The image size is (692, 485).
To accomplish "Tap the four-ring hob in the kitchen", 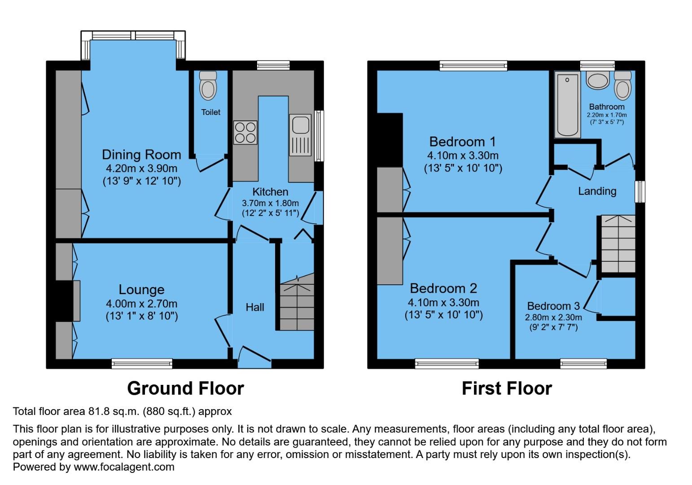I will (x=245, y=132).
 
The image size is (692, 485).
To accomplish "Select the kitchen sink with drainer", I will (x=300, y=135).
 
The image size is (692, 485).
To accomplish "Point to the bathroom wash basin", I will (x=597, y=81).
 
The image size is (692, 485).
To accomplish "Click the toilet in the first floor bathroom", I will (x=622, y=85).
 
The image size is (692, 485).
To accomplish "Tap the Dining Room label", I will (x=141, y=154).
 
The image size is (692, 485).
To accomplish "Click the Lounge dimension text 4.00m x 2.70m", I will (x=141, y=304).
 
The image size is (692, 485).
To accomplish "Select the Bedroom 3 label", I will (x=553, y=306).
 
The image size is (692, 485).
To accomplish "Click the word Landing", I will (x=597, y=191).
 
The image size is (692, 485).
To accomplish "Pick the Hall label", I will (x=254, y=307).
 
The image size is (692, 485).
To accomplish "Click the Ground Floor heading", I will (x=185, y=388).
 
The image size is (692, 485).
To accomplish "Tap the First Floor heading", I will (x=507, y=388).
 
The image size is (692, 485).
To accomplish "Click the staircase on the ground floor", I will (x=297, y=305).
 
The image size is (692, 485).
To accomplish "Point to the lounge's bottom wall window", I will (x=142, y=363).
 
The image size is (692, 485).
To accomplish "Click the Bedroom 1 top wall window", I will (x=473, y=66).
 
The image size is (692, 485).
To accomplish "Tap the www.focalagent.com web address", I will (x=123, y=467).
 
